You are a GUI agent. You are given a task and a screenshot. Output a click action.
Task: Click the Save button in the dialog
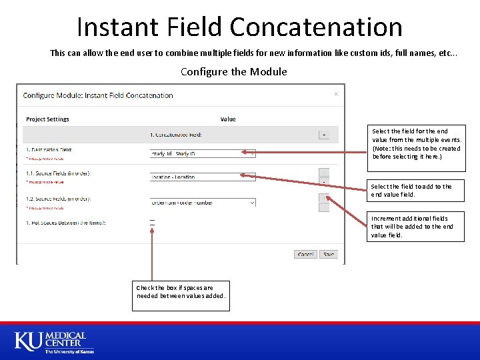[x=329, y=254]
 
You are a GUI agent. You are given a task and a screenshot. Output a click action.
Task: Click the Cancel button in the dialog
[x=306, y=254]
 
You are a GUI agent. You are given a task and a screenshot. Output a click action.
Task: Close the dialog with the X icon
[x=335, y=95]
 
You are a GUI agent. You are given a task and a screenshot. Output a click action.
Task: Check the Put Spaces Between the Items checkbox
[x=152, y=222]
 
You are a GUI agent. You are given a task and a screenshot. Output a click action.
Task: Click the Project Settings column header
[x=47, y=119]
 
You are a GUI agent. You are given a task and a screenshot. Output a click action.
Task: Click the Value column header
[x=228, y=119]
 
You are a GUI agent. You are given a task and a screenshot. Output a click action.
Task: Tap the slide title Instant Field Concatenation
[x=239, y=27]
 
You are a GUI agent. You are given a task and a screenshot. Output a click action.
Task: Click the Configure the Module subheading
[x=233, y=71]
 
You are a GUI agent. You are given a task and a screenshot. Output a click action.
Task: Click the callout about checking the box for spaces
[x=181, y=292]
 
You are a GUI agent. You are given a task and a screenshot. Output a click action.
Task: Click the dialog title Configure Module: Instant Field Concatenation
[x=98, y=95]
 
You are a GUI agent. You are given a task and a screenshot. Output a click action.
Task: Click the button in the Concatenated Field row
[x=324, y=134]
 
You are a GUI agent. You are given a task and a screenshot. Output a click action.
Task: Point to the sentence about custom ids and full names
[x=253, y=53]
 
